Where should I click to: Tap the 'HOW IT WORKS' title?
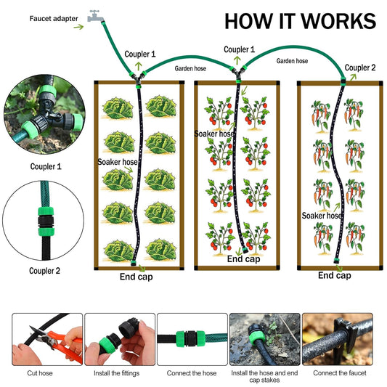point(300,20)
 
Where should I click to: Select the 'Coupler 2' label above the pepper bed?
point(361,68)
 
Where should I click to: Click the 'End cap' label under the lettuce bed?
point(137,276)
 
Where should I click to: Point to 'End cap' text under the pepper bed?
point(335,275)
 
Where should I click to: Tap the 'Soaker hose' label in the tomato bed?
point(215,134)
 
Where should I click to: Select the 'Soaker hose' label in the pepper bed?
point(322,216)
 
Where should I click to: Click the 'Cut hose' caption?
point(41,372)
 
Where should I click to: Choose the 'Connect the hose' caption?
point(191,372)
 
